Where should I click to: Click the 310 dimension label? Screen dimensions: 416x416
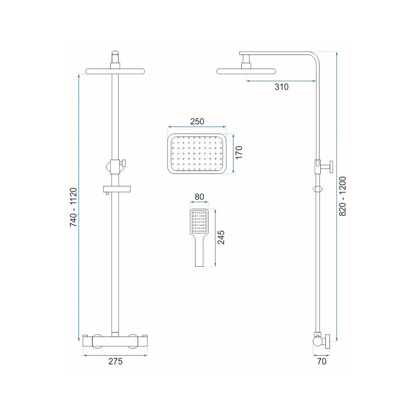(281, 87)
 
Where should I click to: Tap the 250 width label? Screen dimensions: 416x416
(197, 121)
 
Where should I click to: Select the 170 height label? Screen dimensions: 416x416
(239, 152)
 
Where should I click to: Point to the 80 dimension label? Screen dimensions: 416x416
(199, 197)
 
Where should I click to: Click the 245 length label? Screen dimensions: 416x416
(221, 238)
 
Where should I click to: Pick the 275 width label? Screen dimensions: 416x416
(115, 362)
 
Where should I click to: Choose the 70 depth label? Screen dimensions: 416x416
(322, 362)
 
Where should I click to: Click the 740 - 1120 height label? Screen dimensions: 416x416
(73, 207)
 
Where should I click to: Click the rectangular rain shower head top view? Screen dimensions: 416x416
(197, 154)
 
